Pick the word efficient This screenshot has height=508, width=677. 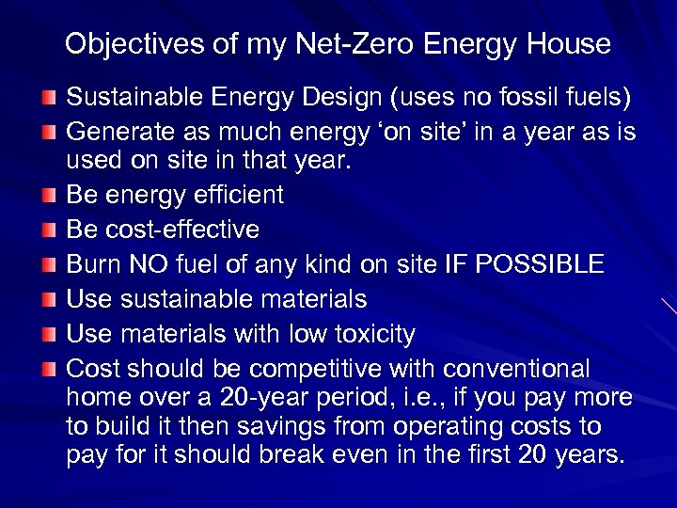coord(238,195)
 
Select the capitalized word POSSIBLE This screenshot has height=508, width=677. coord(542,264)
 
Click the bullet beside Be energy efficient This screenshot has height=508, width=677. coord(49,196)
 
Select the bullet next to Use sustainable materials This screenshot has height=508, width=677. coord(49,300)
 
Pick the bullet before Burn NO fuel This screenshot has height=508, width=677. coord(49,265)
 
